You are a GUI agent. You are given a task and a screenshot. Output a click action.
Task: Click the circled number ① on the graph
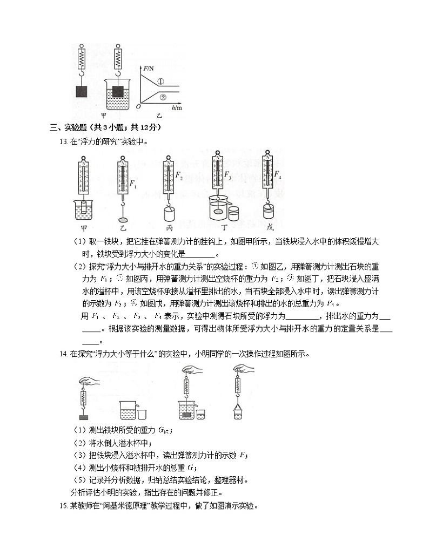click(160, 82)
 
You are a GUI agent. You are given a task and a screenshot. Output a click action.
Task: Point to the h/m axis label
click(176, 108)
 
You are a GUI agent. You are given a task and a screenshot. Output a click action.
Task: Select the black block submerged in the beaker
click(119, 86)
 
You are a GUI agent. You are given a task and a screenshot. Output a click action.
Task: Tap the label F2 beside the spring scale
click(179, 177)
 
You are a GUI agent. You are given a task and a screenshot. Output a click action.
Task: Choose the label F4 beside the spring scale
click(278, 175)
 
